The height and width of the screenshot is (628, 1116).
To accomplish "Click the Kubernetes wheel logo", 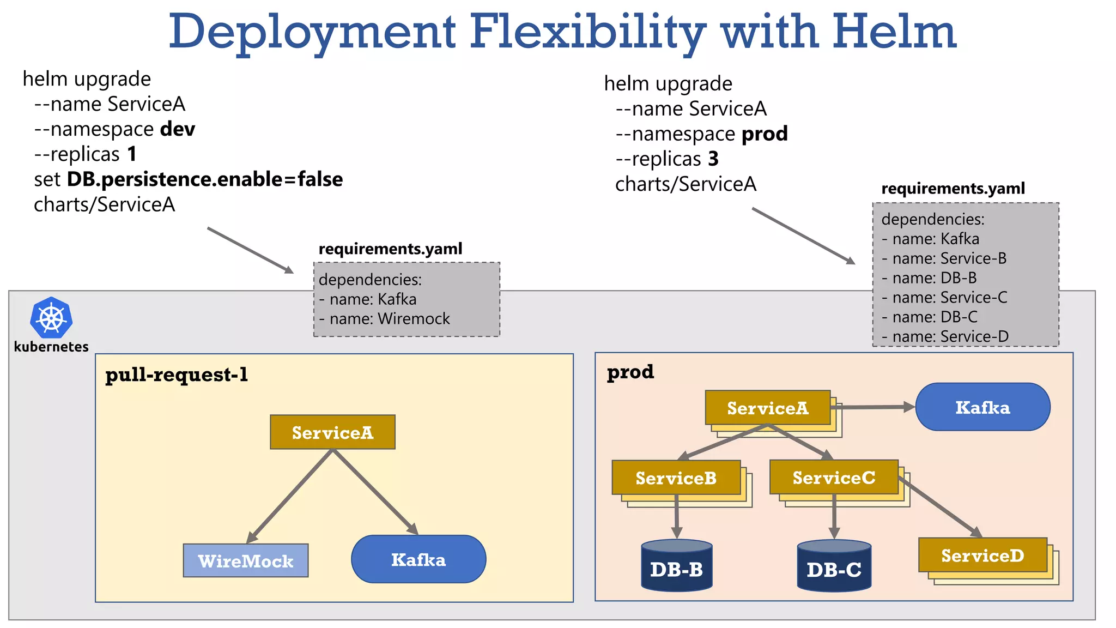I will (51, 317).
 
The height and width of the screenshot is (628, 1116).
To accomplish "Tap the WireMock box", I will (246, 560).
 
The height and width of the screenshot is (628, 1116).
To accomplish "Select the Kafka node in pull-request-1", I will (418, 559).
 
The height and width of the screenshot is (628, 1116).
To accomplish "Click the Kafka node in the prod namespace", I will (982, 407).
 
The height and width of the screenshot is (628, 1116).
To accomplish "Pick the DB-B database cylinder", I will (676, 566).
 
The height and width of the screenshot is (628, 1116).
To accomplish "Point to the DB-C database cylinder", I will (834, 566).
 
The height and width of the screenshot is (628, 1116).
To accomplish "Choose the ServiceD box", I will (982, 555).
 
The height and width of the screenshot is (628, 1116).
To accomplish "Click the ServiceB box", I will (676, 478).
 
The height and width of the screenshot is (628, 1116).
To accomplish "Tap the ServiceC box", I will (834, 477).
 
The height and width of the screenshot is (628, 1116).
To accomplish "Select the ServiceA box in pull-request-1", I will (332, 432).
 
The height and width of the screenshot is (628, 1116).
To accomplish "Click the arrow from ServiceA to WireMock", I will (290, 496).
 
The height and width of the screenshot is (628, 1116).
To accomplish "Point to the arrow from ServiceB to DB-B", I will (676, 516).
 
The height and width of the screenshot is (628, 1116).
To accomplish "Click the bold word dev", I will (178, 129).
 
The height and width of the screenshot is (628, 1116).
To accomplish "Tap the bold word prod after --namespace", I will (765, 134).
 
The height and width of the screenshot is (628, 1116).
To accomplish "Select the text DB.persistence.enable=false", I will (205, 179).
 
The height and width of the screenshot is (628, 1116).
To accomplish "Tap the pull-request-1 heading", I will (177, 375).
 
